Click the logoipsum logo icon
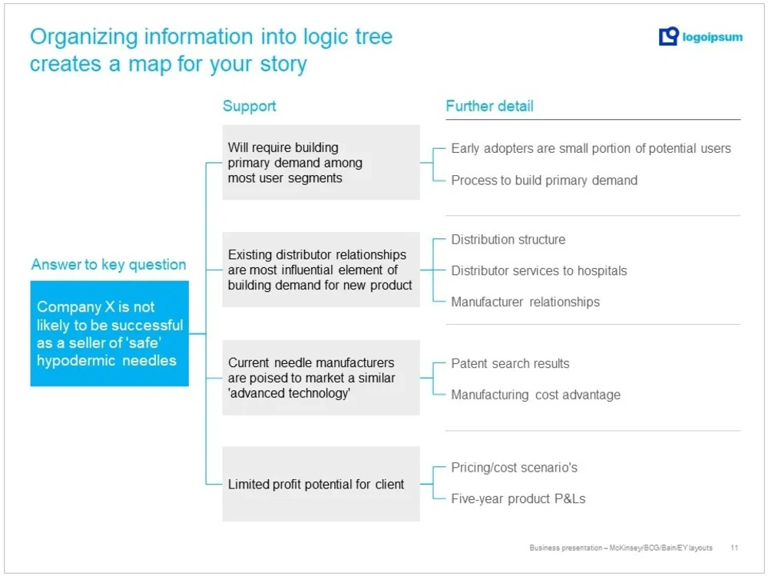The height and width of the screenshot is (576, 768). pos(668,36)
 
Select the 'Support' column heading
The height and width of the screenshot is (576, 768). pos(249,106)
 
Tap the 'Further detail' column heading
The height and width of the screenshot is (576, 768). pos(489,106)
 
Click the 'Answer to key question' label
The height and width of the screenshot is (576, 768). pos(108,264)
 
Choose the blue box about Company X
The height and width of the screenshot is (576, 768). pos(109,333)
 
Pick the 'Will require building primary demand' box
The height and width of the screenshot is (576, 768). pos(320,162)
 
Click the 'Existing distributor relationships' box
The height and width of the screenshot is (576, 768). pos(320,270)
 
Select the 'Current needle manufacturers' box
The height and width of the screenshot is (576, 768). pos(320,377)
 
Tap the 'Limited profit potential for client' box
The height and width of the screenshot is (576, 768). pos(320,484)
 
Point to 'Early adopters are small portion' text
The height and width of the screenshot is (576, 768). pos(591,148)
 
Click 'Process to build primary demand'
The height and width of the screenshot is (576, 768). pos(544,180)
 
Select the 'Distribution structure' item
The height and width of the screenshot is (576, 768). pos(508,240)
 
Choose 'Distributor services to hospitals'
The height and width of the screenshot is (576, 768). pos(538,270)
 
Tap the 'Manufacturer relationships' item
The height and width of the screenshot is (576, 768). pos(525,302)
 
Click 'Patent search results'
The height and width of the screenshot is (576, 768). pos(510,363)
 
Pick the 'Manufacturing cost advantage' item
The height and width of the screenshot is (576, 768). pos(535,395)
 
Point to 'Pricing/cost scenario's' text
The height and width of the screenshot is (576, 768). pos(514,468)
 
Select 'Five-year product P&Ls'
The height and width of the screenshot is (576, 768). pos(518,498)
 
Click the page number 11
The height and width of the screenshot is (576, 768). pos(734,548)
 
